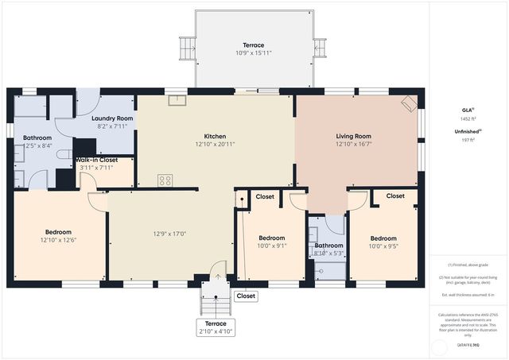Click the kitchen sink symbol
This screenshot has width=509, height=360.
click(177, 101)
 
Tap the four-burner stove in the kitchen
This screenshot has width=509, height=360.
click(165, 180)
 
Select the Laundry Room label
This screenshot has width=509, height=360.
click(112, 118)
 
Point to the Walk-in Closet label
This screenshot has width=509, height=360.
click(97, 160)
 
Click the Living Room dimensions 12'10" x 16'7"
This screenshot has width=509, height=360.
click(354, 145)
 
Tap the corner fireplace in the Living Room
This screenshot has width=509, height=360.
click(408, 103)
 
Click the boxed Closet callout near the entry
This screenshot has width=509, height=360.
click(246, 296)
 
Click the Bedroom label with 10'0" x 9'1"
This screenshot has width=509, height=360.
click(272, 238)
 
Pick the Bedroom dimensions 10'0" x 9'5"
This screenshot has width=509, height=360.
click(383, 246)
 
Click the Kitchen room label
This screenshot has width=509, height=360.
click(216, 136)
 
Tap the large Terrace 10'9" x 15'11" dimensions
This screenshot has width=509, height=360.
click(254, 53)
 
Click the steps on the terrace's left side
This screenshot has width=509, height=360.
click(187, 48)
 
